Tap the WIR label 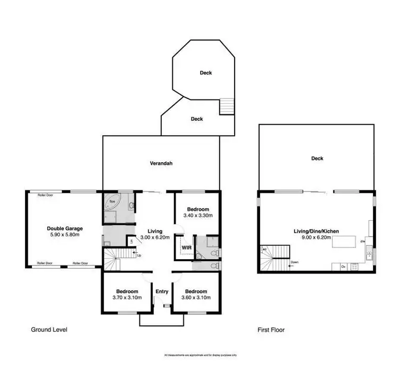click(x=186, y=248)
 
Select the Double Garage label click(x=64, y=228)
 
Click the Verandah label click(x=161, y=164)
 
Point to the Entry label click(x=161, y=292)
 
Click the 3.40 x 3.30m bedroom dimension click(x=197, y=216)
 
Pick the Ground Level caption click(x=49, y=330)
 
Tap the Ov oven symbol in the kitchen click(x=344, y=266)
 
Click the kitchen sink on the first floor click(x=368, y=254)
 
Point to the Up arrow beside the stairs click(x=139, y=255)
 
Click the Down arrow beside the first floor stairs click(x=294, y=262)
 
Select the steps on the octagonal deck click(x=227, y=106)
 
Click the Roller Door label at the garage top click(x=44, y=195)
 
